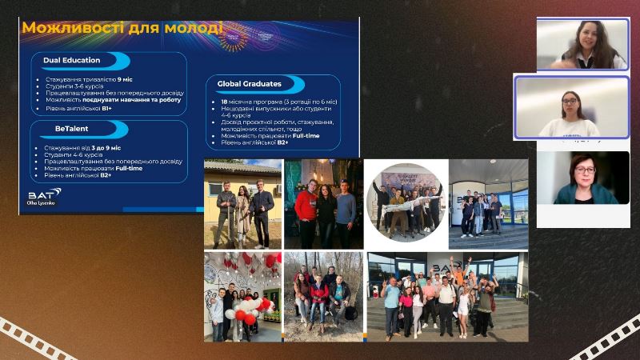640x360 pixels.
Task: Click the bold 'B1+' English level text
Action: (x=106, y=108)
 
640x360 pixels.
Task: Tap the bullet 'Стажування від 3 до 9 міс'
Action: (x=80, y=148)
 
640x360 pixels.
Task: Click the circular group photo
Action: (x=404, y=202)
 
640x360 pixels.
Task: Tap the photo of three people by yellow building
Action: (x=242, y=203)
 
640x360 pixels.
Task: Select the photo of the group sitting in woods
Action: (x=322, y=297)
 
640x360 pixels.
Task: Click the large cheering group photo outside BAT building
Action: (x=447, y=297)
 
